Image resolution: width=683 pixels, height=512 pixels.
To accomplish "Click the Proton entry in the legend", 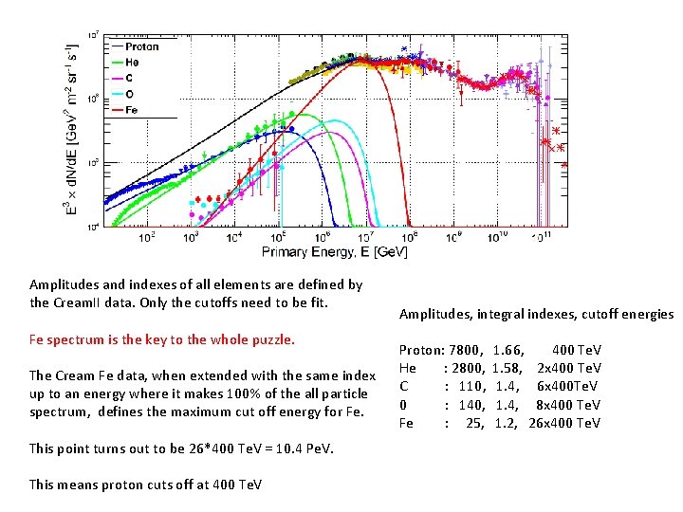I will pyautogui.click(x=141, y=46).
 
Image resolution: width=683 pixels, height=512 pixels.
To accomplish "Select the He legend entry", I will pyautogui.click(x=132, y=63).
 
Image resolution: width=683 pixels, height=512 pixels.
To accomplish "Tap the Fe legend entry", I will pyautogui.click(x=132, y=110).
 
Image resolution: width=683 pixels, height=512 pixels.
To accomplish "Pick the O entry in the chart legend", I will pyautogui.click(x=130, y=94).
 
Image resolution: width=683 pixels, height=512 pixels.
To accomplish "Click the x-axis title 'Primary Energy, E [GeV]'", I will pyautogui.click(x=335, y=252).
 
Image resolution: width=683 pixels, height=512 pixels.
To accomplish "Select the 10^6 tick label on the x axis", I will pyautogui.click(x=323, y=236).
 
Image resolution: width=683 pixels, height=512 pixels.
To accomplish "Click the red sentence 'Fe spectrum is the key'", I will pyautogui.click(x=162, y=338).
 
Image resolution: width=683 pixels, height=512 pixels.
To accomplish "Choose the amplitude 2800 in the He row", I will pyautogui.click(x=468, y=368).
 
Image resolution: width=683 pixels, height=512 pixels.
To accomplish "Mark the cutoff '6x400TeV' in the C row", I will pyautogui.click(x=566, y=386).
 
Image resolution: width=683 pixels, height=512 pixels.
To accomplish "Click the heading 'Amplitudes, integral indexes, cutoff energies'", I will pyautogui.click(x=536, y=314).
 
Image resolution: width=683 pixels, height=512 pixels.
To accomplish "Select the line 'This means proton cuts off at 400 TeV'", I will pyautogui.click(x=145, y=485).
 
